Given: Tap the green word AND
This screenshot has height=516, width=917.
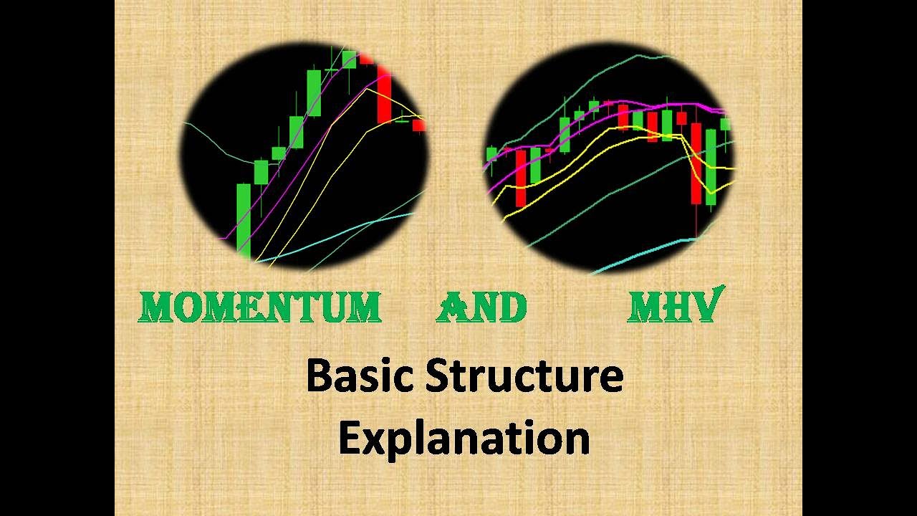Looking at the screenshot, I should (481, 307).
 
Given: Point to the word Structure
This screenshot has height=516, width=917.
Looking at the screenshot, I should (524, 377).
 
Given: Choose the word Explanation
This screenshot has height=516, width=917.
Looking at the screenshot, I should (464, 439).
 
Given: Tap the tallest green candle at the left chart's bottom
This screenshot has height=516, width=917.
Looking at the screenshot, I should (244, 219).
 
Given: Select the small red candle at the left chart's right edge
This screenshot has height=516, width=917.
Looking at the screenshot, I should (418, 125).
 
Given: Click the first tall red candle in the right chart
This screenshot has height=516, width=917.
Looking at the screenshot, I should (521, 177).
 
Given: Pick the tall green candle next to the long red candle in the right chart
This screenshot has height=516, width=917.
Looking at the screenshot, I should (711, 167).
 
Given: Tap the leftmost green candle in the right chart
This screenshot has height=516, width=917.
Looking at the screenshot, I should (491, 153).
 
